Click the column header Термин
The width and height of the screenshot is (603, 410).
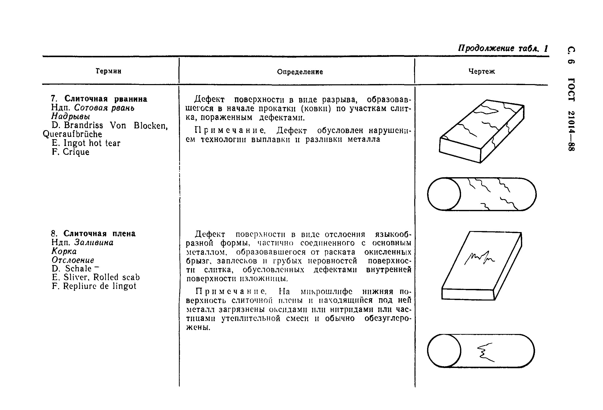(108, 71)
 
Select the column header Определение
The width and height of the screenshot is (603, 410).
(300, 72)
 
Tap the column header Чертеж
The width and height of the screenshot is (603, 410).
(482, 71)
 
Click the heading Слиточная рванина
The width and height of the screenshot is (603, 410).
(106, 99)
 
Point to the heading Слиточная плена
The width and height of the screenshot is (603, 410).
(99, 234)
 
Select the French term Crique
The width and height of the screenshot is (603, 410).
(76, 152)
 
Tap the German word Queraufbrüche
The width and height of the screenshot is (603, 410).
(72, 134)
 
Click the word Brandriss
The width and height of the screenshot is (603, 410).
(83, 125)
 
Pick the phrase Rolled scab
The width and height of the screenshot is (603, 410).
(116, 277)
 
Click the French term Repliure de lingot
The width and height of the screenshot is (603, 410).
(99, 286)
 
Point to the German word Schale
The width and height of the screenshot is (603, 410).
(78, 269)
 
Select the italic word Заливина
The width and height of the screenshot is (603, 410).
(94, 242)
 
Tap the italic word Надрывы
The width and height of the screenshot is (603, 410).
(70, 117)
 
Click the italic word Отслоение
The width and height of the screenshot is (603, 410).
(73, 260)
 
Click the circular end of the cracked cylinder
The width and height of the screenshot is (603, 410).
(444, 194)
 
